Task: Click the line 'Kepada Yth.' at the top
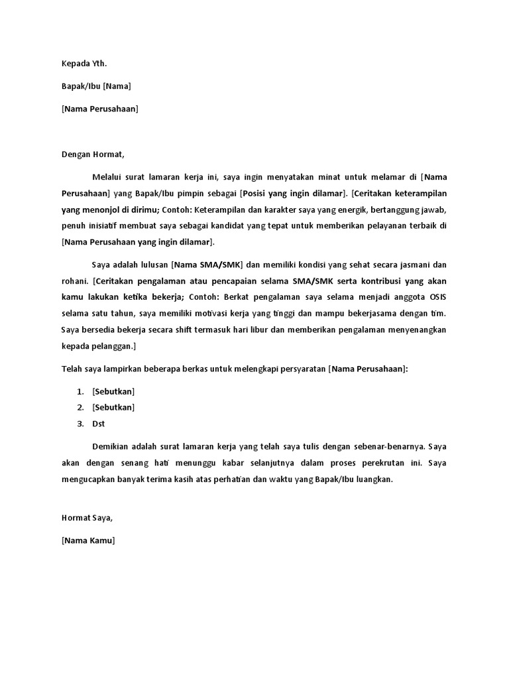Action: tap(84, 64)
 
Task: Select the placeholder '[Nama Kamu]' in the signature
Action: tap(88, 540)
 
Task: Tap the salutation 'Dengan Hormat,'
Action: tap(93, 154)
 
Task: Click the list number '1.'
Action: tap(81, 391)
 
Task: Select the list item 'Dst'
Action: tap(99, 424)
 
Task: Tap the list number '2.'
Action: tap(81, 407)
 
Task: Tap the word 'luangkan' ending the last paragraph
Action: tap(374, 479)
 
